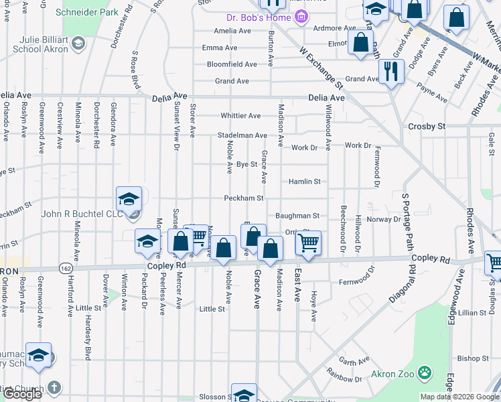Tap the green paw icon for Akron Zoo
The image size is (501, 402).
(x=424, y=372)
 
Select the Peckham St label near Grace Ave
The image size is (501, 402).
(x=243, y=198)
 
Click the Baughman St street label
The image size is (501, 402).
(x=297, y=216)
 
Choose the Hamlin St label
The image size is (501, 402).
(x=305, y=181)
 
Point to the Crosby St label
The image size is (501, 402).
(x=427, y=126)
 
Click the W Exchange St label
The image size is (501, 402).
(x=321, y=68)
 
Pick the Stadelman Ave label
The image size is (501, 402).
(x=242, y=135)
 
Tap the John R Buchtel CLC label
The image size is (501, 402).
(x=83, y=214)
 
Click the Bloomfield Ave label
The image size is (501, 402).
(x=232, y=64)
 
